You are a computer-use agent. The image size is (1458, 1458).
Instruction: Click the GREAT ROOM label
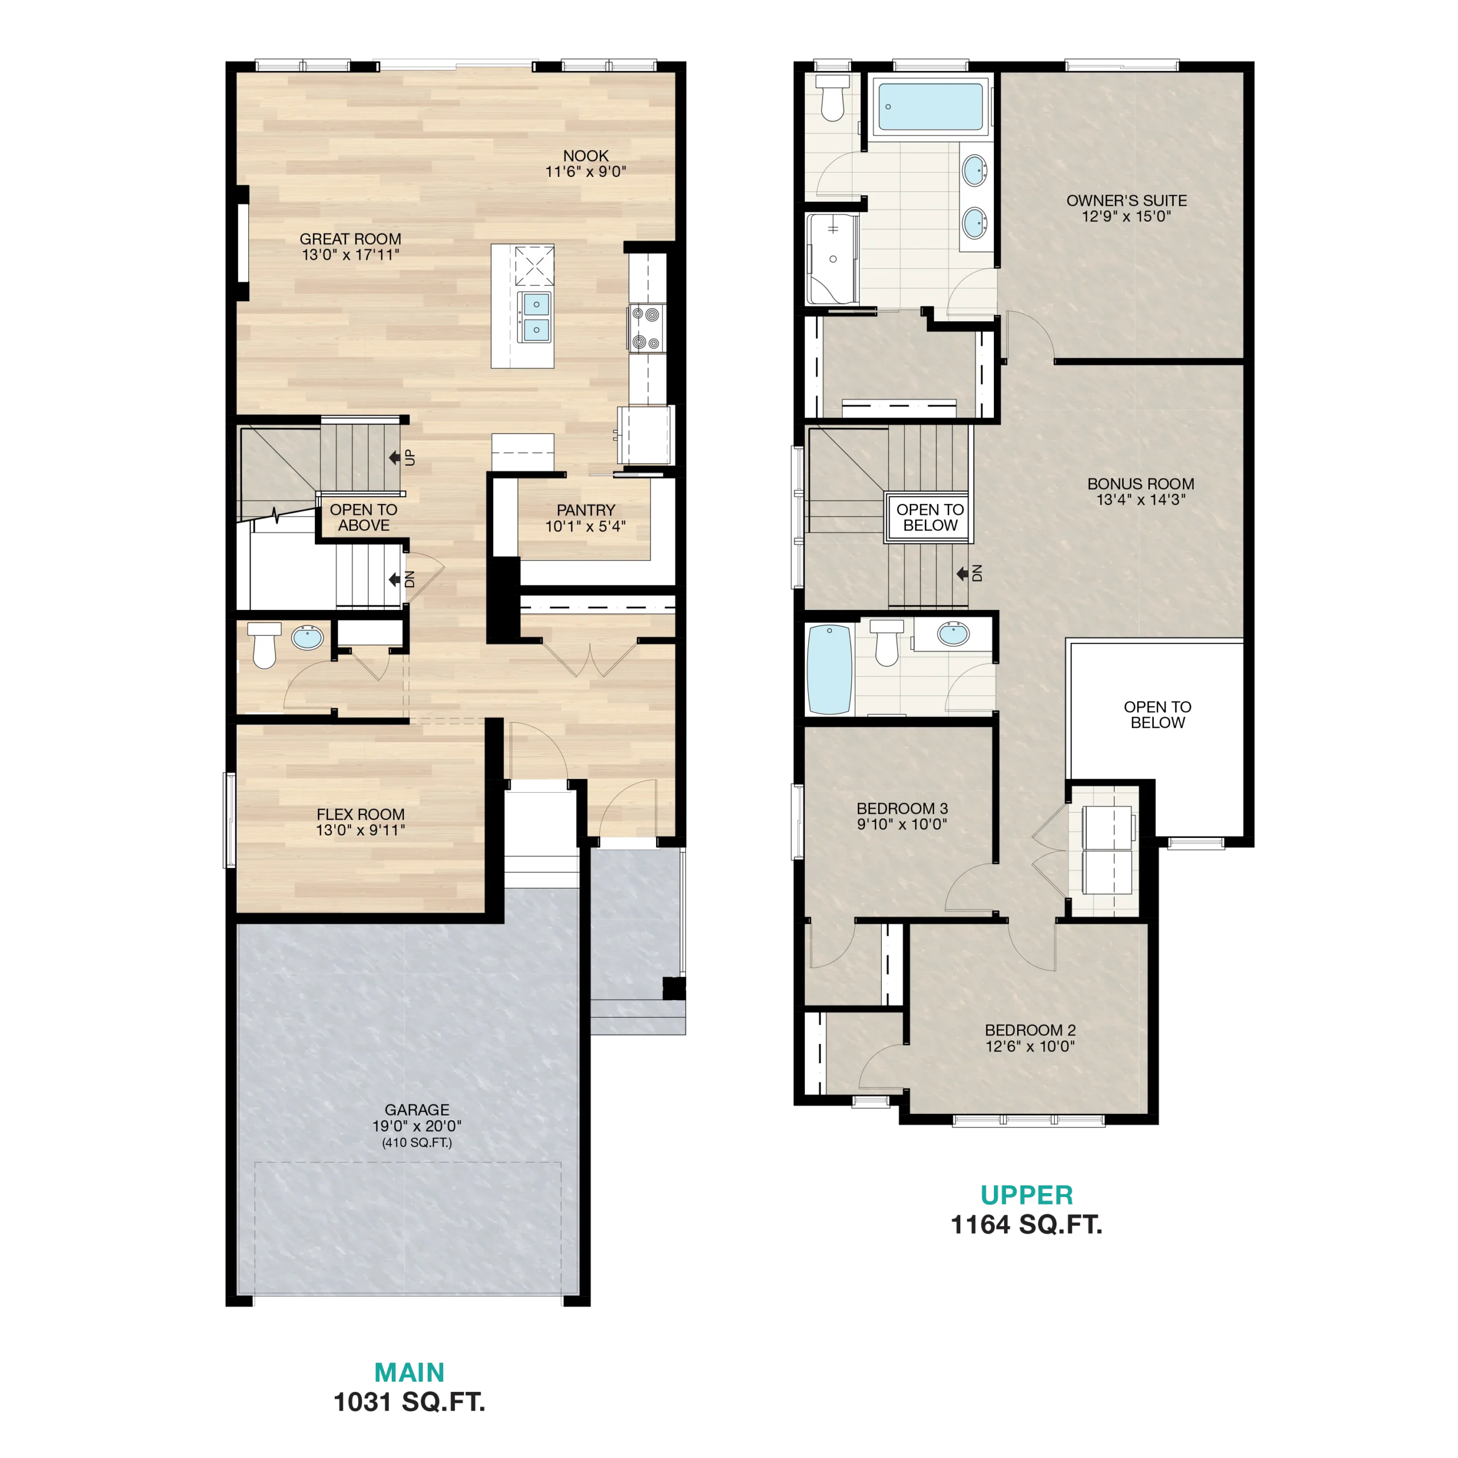tap(350, 239)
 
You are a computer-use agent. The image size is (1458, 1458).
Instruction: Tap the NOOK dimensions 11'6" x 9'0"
tap(585, 172)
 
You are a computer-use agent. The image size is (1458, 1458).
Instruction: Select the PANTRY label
tap(585, 510)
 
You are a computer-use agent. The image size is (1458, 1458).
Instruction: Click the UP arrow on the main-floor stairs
tap(394, 457)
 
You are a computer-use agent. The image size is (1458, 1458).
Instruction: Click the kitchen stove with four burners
tap(647, 328)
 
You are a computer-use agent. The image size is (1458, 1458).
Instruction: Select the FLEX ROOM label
tap(360, 814)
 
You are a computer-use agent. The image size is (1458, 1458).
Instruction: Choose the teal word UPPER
tap(1026, 1195)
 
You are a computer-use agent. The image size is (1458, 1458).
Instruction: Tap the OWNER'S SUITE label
tap(1127, 200)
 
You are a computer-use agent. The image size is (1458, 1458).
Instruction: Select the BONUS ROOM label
tap(1140, 484)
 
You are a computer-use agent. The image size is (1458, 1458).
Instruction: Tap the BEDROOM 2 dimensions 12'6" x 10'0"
tap(1030, 1046)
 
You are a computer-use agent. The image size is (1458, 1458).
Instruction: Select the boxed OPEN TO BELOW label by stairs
tap(929, 518)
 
